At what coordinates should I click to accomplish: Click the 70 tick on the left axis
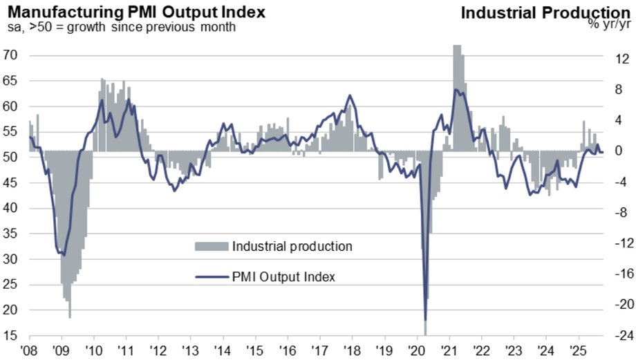point(11,55)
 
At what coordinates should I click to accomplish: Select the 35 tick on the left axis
point(11,234)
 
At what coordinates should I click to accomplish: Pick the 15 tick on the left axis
point(11,337)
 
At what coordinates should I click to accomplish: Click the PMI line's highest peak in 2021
point(456,89)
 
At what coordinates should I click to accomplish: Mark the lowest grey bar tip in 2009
point(70,318)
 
